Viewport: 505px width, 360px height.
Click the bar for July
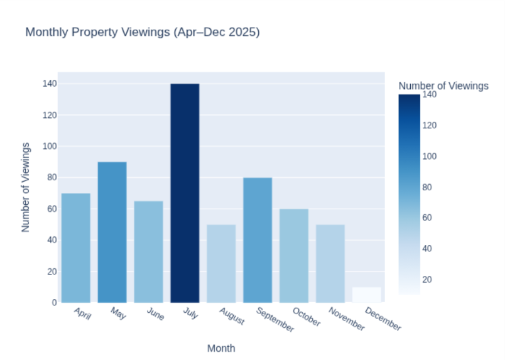click(185, 193)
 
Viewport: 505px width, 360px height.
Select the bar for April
click(75, 248)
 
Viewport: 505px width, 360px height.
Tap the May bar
click(112, 232)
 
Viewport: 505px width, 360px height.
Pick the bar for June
click(148, 251)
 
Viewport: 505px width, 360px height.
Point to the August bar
click(221, 263)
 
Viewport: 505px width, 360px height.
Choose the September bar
click(258, 240)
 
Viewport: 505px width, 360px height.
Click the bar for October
click(294, 256)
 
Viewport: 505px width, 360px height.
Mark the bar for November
click(330, 263)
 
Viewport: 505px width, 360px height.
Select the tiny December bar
click(367, 295)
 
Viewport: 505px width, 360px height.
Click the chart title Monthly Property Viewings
click(142, 32)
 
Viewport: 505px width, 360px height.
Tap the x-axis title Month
click(221, 347)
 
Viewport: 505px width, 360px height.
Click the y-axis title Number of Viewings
click(26, 187)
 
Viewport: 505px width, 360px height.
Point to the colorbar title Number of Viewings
click(443, 86)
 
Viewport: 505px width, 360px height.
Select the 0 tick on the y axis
click(54, 302)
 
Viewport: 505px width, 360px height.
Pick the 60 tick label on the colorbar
click(429, 217)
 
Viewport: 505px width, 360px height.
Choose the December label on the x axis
click(383, 319)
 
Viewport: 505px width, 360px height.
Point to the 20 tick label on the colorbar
click(429, 279)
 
